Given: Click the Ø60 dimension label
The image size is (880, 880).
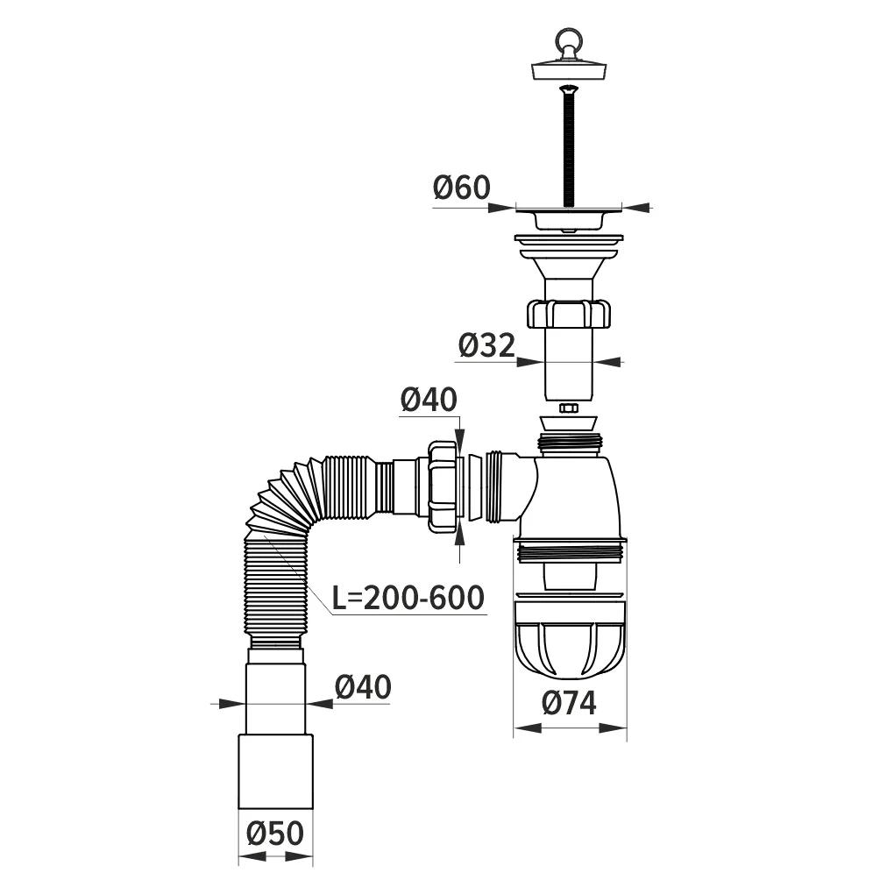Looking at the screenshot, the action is click(x=462, y=188).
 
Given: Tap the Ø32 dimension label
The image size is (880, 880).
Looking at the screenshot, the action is click(x=486, y=345).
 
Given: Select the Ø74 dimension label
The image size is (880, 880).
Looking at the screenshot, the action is click(x=569, y=703).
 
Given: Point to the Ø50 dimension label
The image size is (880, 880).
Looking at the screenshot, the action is click(x=275, y=834).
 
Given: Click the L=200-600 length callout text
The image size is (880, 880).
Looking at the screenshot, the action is click(x=408, y=598).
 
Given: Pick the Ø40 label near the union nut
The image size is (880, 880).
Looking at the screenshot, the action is click(x=429, y=400).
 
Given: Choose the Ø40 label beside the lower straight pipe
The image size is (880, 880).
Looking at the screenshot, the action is click(x=363, y=687).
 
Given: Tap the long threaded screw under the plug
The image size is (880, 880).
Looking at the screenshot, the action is click(x=569, y=145).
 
